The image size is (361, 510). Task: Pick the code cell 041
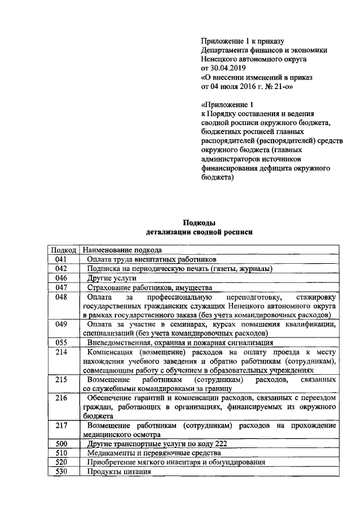tap(62, 259)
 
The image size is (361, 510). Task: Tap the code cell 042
tap(62, 269)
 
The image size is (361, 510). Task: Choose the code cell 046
tap(62, 278)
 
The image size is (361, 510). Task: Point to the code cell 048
tap(62, 297)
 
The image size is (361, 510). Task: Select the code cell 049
tap(62, 325)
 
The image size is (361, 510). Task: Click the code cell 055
tap(62, 342)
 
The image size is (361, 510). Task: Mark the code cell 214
tap(62, 352)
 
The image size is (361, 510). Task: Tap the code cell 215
tap(62, 380)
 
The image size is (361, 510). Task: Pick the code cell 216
tap(62, 398)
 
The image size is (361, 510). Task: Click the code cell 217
tap(62, 425)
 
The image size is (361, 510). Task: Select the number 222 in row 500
tap(220, 444)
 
